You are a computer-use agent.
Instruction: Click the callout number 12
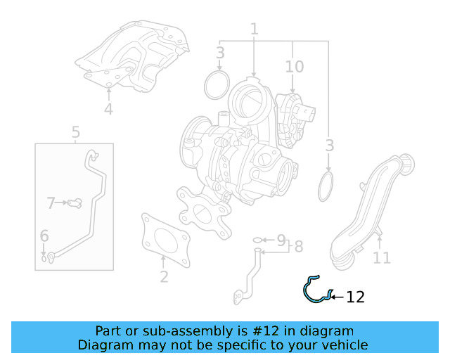(356, 297)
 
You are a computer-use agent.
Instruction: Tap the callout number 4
(108, 109)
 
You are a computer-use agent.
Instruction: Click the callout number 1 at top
(254, 29)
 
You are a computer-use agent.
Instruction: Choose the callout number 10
(295, 67)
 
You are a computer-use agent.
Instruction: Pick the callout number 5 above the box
(75, 131)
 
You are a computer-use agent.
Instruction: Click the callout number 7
(51, 203)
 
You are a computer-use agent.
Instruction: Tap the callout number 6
(44, 236)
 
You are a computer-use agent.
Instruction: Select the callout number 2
(164, 276)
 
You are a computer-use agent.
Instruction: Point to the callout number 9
(281, 240)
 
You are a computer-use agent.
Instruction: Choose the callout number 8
(299, 246)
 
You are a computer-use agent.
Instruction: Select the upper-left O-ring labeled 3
(217, 85)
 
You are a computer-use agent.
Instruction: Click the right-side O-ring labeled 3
(327, 187)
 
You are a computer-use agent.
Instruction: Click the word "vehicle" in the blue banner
(343, 345)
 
